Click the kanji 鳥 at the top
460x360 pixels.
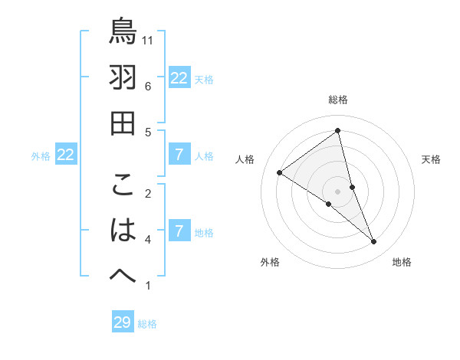tap(123, 31)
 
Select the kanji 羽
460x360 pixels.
tap(123, 77)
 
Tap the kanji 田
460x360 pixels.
tap(123, 123)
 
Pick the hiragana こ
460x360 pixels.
tap(123, 185)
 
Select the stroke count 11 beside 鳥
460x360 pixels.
tap(149, 40)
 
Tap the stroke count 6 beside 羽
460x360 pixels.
tap(148, 86)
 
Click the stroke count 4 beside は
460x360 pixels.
tap(148, 240)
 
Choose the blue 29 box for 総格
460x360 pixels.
tap(123, 322)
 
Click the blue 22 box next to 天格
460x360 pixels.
tap(179, 77)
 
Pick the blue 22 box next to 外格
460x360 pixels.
tap(66, 155)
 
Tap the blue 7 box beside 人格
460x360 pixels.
tap(179, 155)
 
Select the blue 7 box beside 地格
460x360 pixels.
tap(179, 231)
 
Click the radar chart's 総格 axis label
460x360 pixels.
tap(338, 100)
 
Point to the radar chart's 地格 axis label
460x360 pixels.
tap(402, 262)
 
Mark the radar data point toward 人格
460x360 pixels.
tap(280, 172)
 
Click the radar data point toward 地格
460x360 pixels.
tap(374, 241)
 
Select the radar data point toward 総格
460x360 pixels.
tap(338, 131)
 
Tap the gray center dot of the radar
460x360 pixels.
tap(338, 191)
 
